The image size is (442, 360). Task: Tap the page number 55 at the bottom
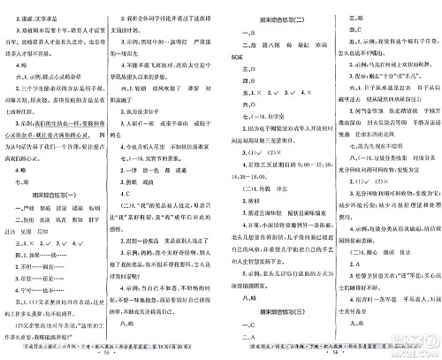(x=110, y=352)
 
